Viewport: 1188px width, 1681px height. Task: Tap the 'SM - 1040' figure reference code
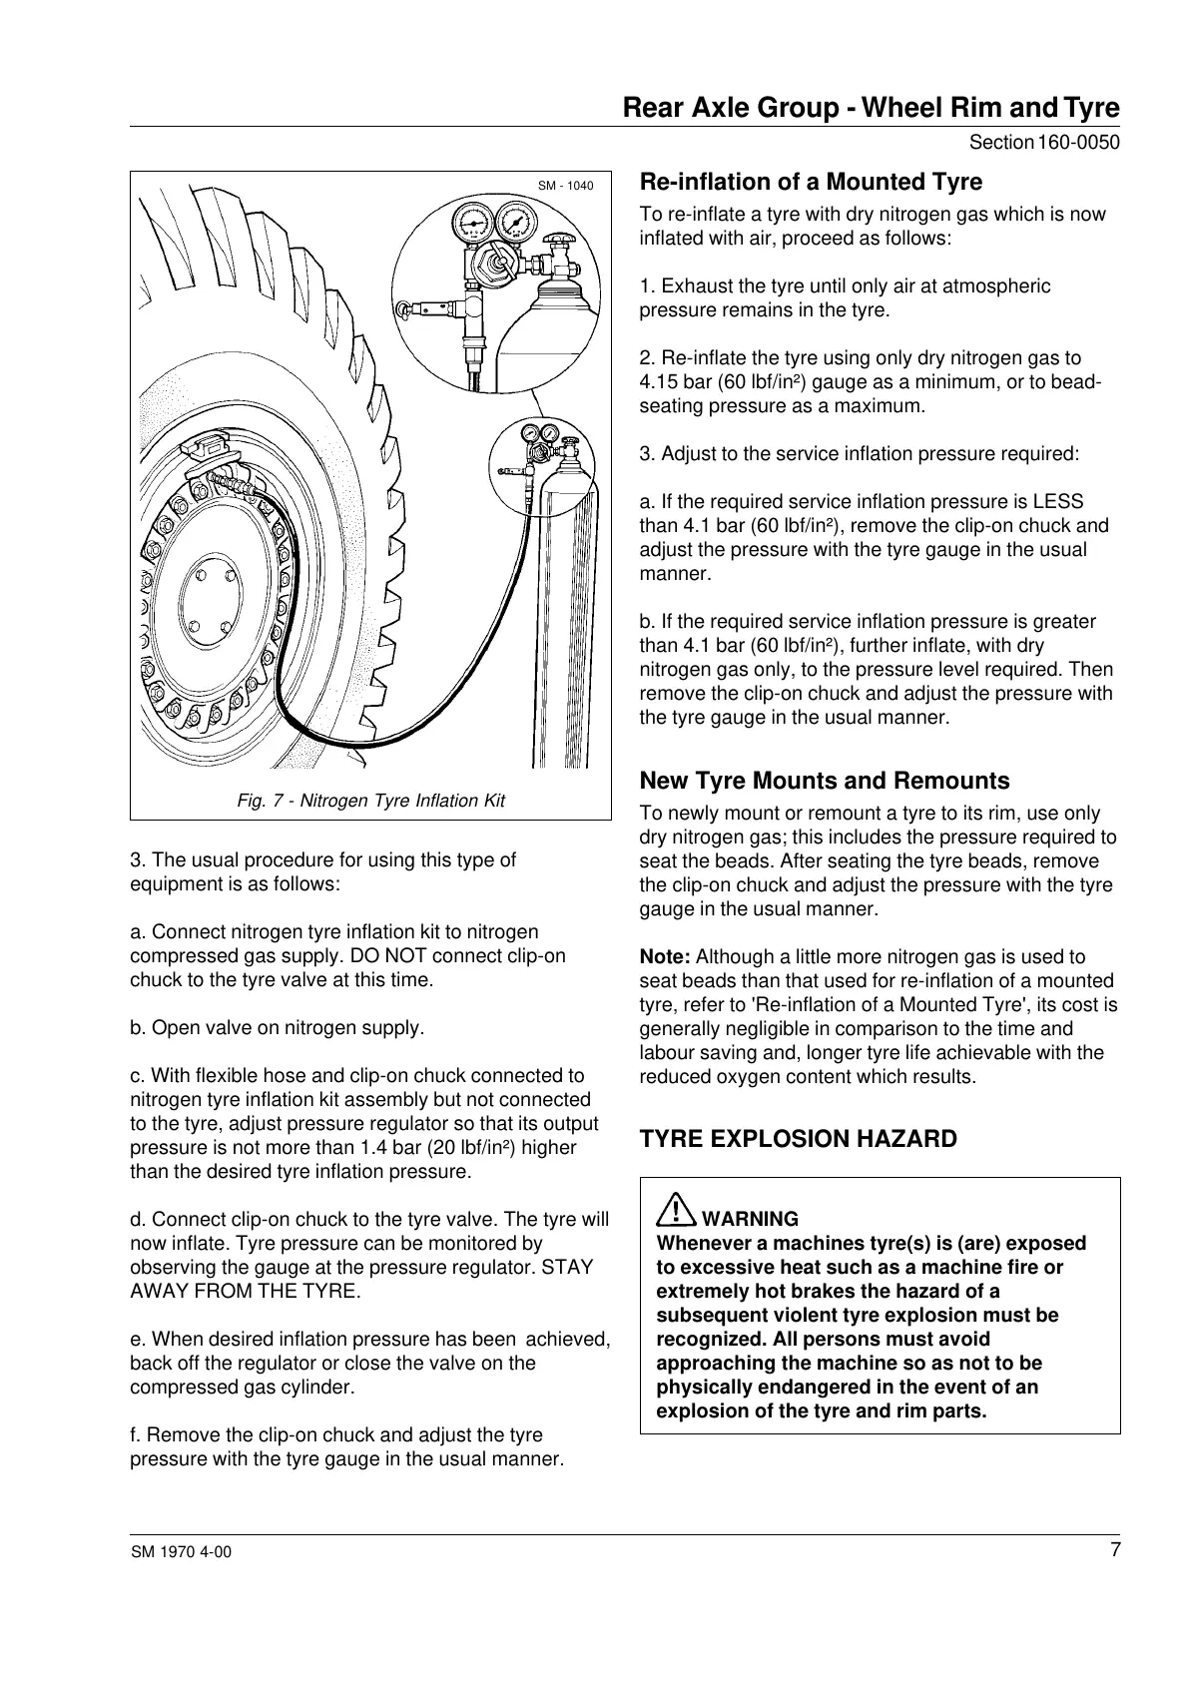[565, 186]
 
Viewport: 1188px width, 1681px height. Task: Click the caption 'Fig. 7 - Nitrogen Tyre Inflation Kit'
[370, 801]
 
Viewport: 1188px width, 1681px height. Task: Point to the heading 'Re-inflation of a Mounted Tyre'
[811, 182]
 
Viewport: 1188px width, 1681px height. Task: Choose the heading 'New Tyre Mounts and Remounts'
[825, 781]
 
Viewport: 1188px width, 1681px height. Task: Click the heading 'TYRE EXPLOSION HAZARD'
[798, 1139]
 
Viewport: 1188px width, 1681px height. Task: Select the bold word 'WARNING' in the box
[751, 1219]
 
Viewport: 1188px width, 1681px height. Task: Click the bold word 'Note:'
[665, 956]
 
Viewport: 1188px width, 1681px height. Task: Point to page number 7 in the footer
[1114, 1550]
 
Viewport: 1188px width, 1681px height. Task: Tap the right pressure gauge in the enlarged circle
[514, 219]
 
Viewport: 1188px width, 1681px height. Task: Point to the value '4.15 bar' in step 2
[675, 382]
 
